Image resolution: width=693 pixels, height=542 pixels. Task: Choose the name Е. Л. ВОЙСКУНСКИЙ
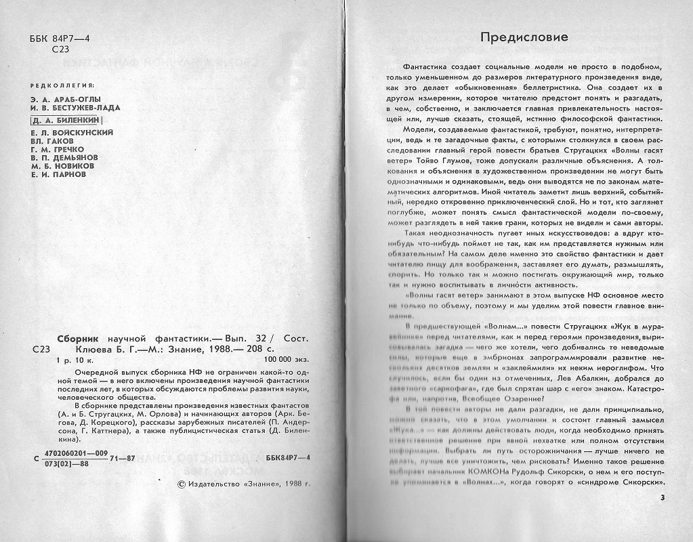point(72,133)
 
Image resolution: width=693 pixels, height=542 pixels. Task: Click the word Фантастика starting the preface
point(425,68)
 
